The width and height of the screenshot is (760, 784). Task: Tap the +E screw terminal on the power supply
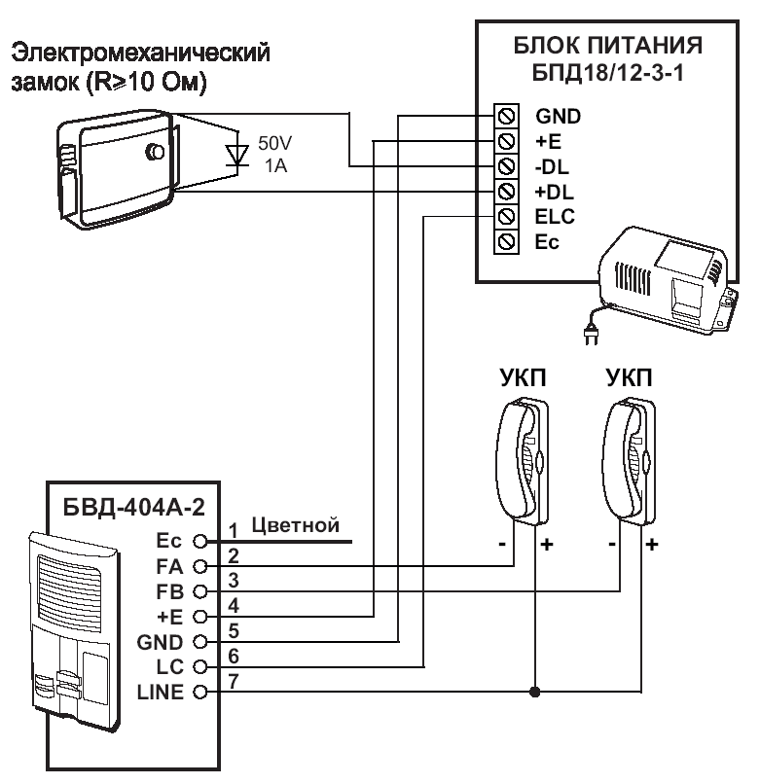tap(506, 142)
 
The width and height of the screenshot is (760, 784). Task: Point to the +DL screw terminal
tap(506, 191)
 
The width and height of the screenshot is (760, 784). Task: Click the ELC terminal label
tap(554, 215)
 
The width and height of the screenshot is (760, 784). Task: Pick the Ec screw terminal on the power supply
tap(506, 239)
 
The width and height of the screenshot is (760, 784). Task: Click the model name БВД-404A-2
tap(126, 508)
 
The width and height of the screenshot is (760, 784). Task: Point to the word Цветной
tap(295, 526)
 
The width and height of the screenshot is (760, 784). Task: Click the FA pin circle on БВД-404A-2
tap(199, 566)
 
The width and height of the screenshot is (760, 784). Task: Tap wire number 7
tap(234, 681)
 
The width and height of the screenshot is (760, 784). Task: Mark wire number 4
tap(234, 605)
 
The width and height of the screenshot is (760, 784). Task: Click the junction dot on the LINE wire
tap(534, 693)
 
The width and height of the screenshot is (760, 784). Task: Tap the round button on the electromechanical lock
tap(153, 153)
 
